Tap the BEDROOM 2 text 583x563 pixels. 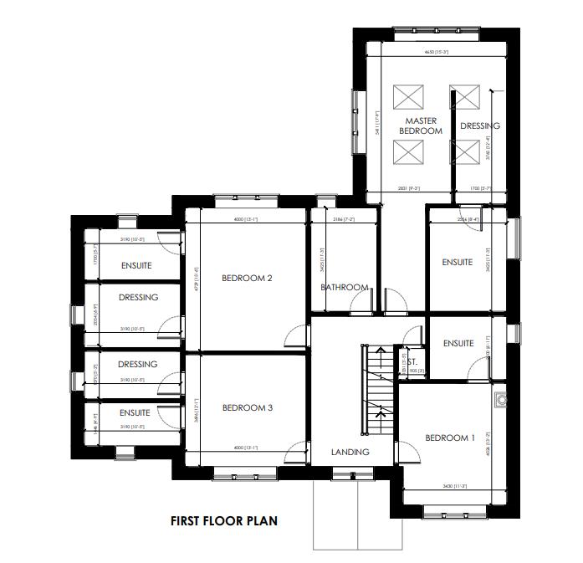(248, 279)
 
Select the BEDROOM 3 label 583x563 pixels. (248, 408)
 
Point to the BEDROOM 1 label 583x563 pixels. (450, 438)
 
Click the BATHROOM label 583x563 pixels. (345, 288)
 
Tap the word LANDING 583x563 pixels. (350, 453)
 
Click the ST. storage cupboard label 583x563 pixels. (411, 352)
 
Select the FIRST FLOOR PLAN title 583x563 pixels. (223, 521)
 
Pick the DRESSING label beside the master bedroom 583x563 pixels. (479, 126)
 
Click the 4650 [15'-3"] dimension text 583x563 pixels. (437, 53)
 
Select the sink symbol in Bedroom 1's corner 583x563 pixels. (500, 401)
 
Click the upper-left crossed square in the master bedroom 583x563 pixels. (408, 97)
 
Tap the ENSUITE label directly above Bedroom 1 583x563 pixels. (458, 343)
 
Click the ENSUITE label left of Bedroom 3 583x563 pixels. (135, 412)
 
